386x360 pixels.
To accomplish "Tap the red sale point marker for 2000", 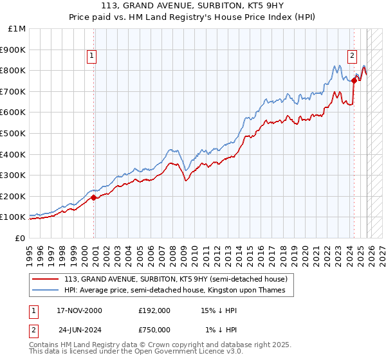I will (x=94, y=198).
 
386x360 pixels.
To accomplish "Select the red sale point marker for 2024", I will (x=354, y=80).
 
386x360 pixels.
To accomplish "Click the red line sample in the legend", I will (x=46, y=278).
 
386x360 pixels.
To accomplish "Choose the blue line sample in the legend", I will (x=46, y=290).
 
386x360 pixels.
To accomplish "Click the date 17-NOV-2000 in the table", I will (x=80, y=310).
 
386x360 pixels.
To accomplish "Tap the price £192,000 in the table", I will (x=154, y=310).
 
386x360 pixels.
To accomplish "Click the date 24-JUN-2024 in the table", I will (x=80, y=330).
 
